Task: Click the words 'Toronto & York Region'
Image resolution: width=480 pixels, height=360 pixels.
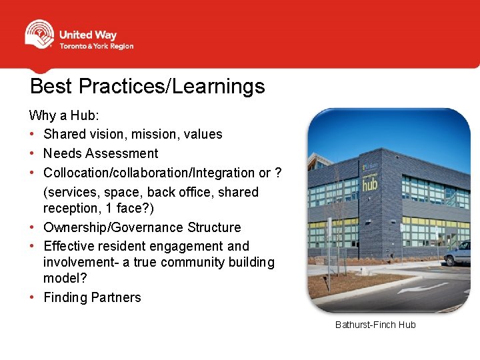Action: pyautogui.click(x=97, y=47)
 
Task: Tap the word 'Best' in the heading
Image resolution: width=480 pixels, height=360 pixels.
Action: pyautogui.click(x=53, y=86)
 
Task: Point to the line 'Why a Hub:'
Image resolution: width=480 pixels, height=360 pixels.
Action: pyautogui.click(x=64, y=115)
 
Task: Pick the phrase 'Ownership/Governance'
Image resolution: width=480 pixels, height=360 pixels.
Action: pyautogui.click(x=110, y=227)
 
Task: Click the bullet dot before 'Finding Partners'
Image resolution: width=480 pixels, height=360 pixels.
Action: pyautogui.click(x=33, y=297)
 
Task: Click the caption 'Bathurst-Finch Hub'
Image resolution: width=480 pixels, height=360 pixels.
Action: pyautogui.click(x=375, y=325)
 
